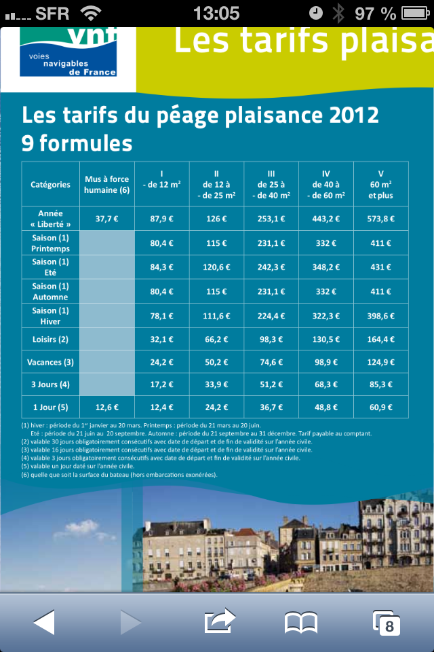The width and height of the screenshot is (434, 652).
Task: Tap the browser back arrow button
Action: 44,621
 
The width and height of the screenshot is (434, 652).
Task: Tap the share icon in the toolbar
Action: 220,621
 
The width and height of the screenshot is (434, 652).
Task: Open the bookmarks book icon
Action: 301,621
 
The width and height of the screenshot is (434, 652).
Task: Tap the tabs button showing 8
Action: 387,622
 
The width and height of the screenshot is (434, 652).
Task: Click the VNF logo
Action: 68,51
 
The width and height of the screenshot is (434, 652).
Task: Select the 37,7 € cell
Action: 106,219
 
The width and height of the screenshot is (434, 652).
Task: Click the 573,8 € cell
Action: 380,219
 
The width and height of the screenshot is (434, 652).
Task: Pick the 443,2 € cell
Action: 325,219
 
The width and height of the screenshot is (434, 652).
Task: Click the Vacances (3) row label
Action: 50,362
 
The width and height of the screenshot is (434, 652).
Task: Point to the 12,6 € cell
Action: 106,407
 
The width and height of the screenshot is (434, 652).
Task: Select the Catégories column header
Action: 50,184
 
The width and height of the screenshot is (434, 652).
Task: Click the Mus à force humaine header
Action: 106,184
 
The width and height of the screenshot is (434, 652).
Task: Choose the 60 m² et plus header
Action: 380,184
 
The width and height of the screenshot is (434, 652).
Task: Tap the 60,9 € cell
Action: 380,407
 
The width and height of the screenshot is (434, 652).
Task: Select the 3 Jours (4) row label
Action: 50,384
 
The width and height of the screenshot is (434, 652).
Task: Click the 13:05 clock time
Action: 216,13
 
